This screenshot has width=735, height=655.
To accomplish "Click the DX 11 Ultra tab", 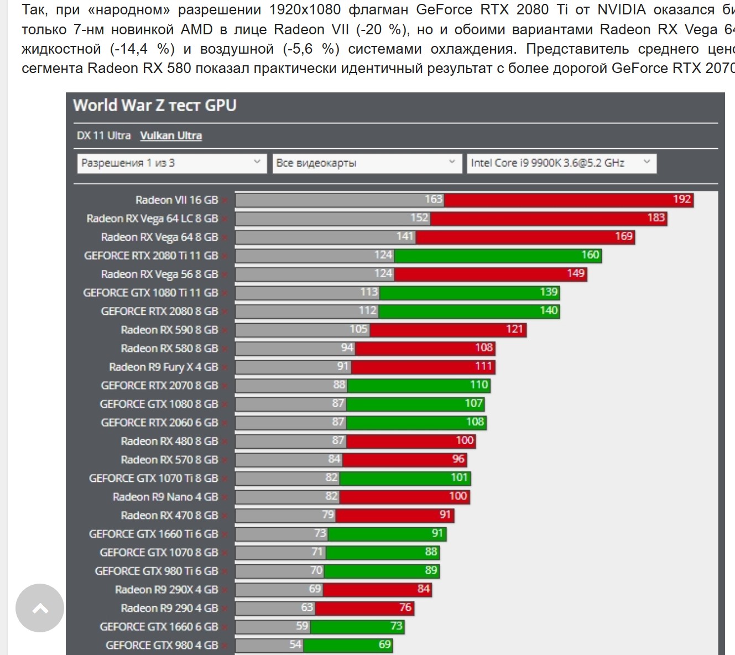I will (x=103, y=136).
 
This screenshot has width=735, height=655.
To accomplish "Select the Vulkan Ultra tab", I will (x=170, y=136).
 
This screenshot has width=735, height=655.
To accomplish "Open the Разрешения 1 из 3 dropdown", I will (x=171, y=163).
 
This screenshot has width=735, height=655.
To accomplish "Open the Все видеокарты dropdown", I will (x=366, y=163).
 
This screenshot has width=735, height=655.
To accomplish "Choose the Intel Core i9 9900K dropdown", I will (x=561, y=163).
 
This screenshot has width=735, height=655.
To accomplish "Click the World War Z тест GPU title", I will (x=155, y=105).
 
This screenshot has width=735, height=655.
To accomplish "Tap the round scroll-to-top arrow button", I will (x=40, y=608).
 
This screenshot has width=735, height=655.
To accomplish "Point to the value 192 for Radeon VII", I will (x=682, y=199).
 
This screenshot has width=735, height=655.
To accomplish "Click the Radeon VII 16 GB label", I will (x=176, y=200).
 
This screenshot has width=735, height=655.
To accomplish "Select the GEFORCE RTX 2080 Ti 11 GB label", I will (x=151, y=256).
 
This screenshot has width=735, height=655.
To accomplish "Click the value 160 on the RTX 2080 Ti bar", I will (x=590, y=254).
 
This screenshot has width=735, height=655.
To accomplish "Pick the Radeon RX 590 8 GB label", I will (x=169, y=330).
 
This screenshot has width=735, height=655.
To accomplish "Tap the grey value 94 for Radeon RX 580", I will (x=347, y=347).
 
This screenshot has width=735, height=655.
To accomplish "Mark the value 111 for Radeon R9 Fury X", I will (x=483, y=366).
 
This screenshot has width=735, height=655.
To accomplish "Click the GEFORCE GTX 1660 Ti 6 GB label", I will (x=153, y=534).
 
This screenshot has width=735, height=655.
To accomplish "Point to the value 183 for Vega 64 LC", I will (x=656, y=217).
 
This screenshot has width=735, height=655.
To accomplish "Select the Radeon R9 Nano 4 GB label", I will (x=165, y=497).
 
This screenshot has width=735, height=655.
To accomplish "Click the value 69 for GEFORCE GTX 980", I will (x=384, y=644).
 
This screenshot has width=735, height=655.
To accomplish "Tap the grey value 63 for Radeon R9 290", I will (x=307, y=607).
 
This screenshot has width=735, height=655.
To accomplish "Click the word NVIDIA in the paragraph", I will (x=621, y=9).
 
